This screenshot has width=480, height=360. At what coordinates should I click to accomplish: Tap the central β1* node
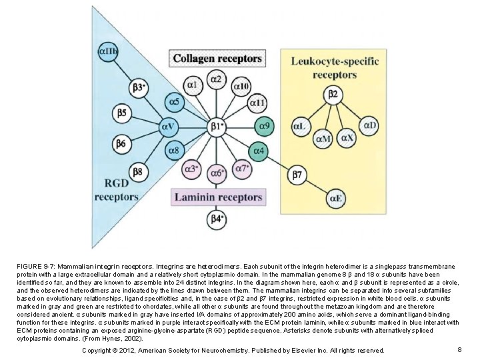point(217,125)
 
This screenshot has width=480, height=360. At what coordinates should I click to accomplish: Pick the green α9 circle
point(263,125)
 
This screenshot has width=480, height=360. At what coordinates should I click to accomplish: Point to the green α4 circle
point(258,151)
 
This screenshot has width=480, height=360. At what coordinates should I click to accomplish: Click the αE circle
point(336,198)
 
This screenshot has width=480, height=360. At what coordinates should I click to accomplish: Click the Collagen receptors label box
point(217,59)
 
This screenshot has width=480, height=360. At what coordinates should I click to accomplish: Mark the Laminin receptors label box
point(217,197)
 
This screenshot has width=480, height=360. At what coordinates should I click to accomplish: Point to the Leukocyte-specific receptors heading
point(335,68)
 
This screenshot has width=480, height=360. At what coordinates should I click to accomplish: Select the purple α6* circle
point(217,173)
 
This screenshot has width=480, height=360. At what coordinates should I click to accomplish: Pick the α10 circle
point(241,87)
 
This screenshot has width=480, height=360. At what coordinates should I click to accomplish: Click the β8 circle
point(137,171)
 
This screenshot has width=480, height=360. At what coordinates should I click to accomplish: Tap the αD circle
point(369,125)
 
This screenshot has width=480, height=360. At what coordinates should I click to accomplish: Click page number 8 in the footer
point(460,349)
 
